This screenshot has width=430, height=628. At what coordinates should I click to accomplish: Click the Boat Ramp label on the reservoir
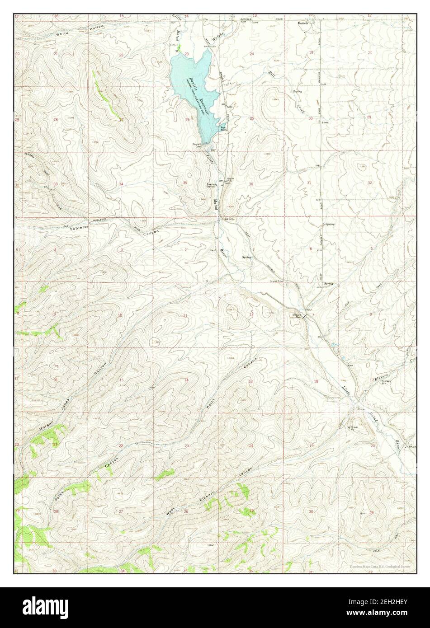pos(223,128)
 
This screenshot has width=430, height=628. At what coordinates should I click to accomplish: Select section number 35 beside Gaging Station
pos(185,183)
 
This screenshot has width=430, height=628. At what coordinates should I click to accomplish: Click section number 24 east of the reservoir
pos(252,54)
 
